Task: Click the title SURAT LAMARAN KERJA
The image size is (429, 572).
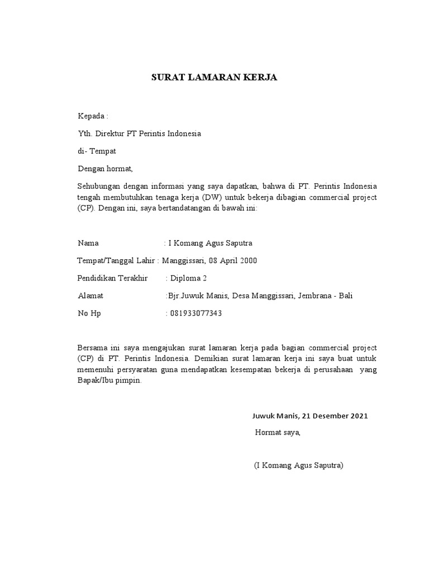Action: [214, 78]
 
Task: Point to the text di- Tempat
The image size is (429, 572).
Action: [97, 151]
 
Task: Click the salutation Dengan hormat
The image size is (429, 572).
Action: [105, 168]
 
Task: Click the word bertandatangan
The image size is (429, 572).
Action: [178, 209]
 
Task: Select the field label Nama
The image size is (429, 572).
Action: [88, 243]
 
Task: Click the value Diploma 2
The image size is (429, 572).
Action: [189, 278]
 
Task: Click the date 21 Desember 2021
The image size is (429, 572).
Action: [334, 416]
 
